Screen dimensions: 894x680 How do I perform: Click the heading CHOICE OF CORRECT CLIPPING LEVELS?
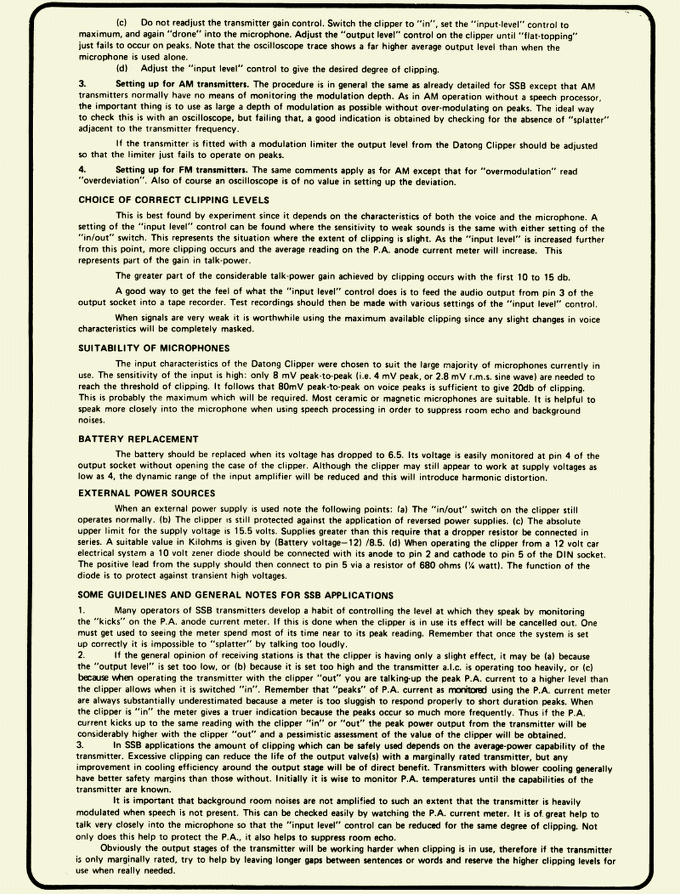173,200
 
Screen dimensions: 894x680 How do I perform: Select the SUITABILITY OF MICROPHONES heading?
154,348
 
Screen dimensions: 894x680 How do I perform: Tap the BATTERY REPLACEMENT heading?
138,439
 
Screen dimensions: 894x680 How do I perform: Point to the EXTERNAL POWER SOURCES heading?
147,493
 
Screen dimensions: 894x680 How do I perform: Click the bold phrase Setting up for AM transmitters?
182,84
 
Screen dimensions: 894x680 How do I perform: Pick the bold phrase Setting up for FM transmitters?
182,171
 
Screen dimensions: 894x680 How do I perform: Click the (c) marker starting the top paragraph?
122,23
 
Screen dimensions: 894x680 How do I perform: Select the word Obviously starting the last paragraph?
124,849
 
